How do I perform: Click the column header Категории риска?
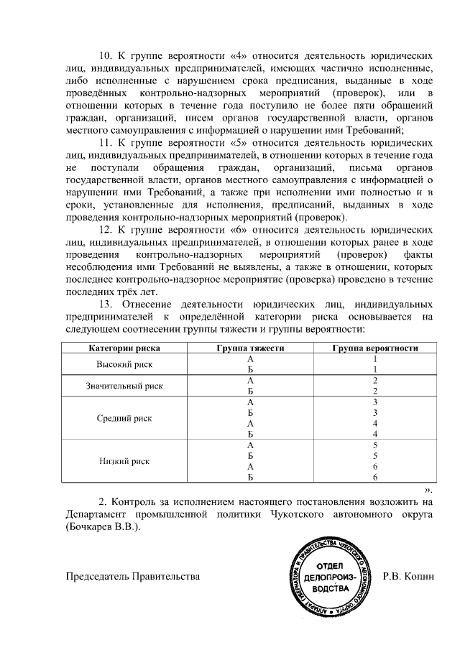pyautogui.click(x=124, y=348)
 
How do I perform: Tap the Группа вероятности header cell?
pyautogui.click(x=375, y=348)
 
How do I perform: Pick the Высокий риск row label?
pyautogui.click(x=124, y=364)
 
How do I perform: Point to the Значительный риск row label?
pyautogui.click(x=124, y=386)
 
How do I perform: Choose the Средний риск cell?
pyautogui.click(x=124, y=418)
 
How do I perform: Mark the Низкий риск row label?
pyautogui.click(x=124, y=461)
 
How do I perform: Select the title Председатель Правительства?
pyautogui.click(x=132, y=576)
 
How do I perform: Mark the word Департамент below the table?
pyautogui.click(x=98, y=514)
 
